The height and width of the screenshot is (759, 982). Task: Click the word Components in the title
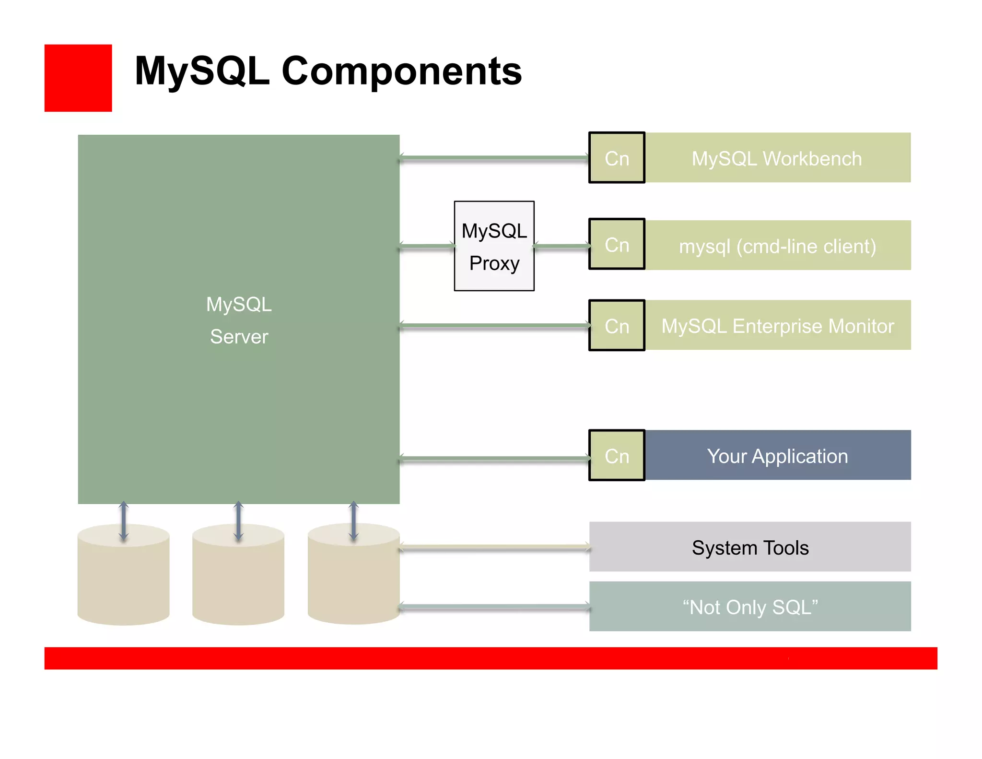pos(401,71)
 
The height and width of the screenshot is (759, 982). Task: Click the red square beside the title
pos(78,78)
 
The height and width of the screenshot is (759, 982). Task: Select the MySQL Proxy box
pos(494,246)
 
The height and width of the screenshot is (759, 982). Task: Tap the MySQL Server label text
pos(239,320)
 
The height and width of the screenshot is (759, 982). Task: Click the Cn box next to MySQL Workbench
pos(617,158)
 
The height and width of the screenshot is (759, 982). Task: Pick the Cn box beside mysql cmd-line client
pos(617,245)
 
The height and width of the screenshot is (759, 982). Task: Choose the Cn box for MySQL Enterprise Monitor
pos(617,326)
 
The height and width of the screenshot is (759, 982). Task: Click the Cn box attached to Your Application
pos(617,455)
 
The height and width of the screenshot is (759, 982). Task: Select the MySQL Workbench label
pos(777,158)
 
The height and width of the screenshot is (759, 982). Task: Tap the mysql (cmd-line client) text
pos(777,246)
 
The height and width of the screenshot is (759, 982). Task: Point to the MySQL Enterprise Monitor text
pos(777,326)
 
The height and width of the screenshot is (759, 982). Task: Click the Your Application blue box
pos(777,455)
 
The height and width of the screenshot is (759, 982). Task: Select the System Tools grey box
pos(750,547)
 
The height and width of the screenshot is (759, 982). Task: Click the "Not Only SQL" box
pos(750,606)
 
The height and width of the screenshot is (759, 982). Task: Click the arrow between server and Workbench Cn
pos(494,158)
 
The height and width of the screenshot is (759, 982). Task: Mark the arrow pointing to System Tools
pos(494,547)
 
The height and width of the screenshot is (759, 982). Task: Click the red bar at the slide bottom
pos(491,658)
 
